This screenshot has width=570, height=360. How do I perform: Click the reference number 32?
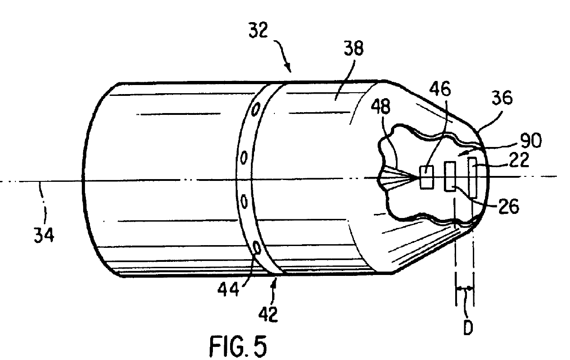[258, 30]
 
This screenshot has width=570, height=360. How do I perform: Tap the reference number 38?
[353, 48]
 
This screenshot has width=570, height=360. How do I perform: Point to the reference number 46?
[440, 89]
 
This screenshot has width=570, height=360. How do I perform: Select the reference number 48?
[381, 106]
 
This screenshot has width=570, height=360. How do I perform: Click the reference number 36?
[502, 98]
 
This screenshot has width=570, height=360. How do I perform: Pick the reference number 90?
[531, 141]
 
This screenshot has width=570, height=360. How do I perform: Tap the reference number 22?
[519, 160]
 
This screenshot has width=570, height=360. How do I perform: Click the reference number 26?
[509, 206]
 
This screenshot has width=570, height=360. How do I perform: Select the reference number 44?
[228, 289]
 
